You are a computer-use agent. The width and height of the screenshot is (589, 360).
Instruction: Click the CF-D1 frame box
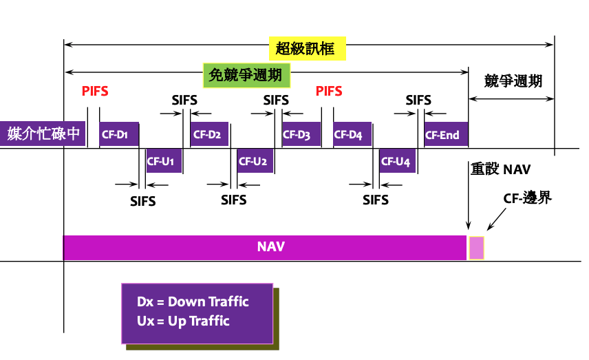[x=119, y=135]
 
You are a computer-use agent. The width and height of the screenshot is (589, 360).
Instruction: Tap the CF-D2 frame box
[x=209, y=135]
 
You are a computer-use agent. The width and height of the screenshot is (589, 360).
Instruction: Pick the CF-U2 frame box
[x=255, y=162]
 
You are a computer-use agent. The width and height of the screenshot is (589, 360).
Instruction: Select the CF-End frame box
[x=445, y=135]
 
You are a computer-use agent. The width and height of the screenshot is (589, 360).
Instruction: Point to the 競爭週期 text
[x=513, y=81]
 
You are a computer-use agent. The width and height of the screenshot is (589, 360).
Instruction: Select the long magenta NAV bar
[x=265, y=247]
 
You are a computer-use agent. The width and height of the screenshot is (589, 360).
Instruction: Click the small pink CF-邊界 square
[x=476, y=248]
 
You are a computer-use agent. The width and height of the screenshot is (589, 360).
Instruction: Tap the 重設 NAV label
[x=500, y=169]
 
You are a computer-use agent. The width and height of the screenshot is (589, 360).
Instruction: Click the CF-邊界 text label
[x=528, y=199]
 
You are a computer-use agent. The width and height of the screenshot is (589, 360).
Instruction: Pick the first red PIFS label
[x=95, y=92]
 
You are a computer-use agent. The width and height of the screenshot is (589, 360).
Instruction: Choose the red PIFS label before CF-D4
[x=329, y=92]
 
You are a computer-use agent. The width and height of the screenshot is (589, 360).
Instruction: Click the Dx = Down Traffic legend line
[x=193, y=302]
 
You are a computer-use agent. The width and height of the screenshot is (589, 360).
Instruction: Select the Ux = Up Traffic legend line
[x=183, y=321]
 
